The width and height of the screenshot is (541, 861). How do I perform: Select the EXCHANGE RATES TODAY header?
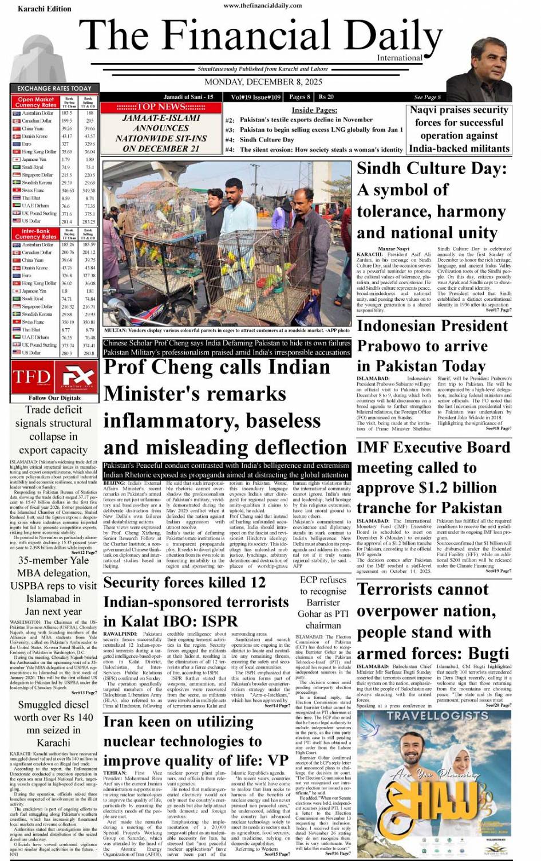tap(54, 88)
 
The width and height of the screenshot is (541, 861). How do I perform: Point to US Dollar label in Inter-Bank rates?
tap(31, 353)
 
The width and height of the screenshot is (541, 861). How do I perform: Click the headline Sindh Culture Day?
tap(432, 168)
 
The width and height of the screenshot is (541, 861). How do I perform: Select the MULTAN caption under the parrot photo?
tap(227, 331)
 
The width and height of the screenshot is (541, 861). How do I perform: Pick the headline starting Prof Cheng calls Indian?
tap(218, 367)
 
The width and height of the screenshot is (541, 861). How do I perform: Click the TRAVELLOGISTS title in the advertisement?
tap(437, 715)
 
